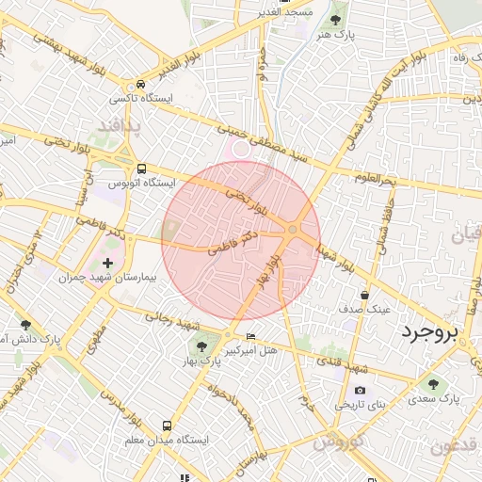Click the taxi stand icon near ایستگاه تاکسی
pyautogui.click(x=140, y=83)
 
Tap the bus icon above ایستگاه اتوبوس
pyautogui.click(x=141, y=169)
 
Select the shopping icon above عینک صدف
pyautogui.click(x=364, y=295)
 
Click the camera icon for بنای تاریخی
pyautogui.click(x=360, y=391)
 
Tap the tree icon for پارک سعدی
pyautogui.click(x=433, y=383)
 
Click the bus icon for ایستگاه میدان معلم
pyautogui.click(x=167, y=426)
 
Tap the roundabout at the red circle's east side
pyautogui.click(x=294, y=230)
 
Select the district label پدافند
pyautogui.click(x=119, y=125)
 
